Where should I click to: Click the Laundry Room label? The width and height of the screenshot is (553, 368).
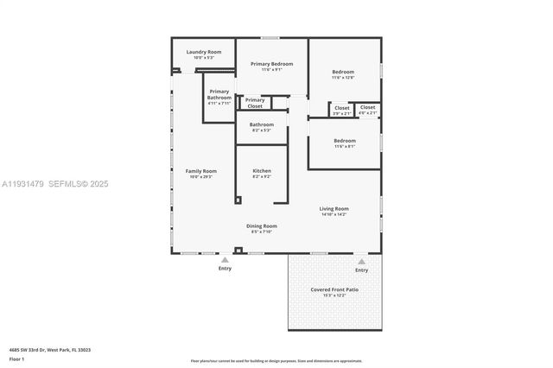pyautogui.click(x=204, y=52)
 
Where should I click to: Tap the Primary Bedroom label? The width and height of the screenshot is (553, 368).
pyautogui.click(x=272, y=64)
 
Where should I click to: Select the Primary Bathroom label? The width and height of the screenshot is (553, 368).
pyautogui.click(x=219, y=94)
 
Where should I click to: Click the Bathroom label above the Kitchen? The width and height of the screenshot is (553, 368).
pyautogui.click(x=262, y=124)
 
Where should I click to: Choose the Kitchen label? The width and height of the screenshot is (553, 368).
pyautogui.click(x=262, y=171)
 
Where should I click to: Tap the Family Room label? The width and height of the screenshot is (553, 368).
pyautogui.click(x=201, y=171)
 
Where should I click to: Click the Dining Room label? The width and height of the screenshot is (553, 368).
pyautogui.click(x=262, y=226)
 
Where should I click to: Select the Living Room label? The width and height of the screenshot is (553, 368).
pyautogui.click(x=334, y=208)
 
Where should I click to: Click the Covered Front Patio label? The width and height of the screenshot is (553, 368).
pyautogui.click(x=334, y=289)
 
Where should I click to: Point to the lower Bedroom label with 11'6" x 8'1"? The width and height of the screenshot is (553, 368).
pyautogui.click(x=345, y=140)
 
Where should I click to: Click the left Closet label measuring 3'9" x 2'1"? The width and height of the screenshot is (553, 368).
pyautogui.click(x=342, y=108)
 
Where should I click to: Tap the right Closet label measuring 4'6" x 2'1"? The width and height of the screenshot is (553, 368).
pyautogui.click(x=368, y=108)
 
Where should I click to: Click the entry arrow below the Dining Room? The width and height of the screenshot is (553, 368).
pyautogui.click(x=226, y=259)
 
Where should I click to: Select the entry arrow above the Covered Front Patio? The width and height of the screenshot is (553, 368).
pyautogui.click(x=362, y=261)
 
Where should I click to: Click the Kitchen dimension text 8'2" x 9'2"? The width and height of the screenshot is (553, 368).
pyautogui.click(x=262, y=176)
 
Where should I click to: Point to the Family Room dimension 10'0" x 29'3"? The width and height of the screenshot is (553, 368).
pyautogui.click(x=201, y=176)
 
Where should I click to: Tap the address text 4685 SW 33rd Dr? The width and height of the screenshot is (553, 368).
pyautogui.click(x=50, y=350)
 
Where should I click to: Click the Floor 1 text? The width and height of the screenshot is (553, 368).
pyautogui.click(x=16, y=358)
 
